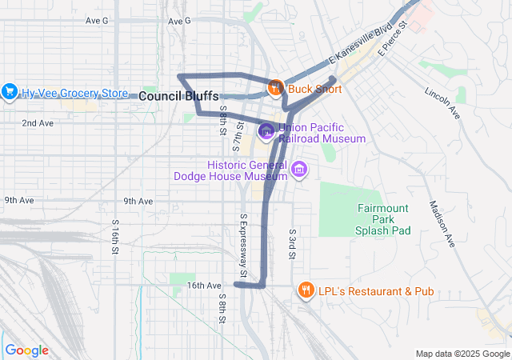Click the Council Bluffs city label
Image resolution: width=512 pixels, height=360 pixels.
[x=178, y=96]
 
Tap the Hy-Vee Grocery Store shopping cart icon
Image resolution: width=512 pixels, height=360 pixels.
[x=10, y=92]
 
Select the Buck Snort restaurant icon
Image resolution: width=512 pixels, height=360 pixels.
[x=274, y=88]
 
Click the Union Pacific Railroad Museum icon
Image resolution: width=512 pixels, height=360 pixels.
[x=266, y=130]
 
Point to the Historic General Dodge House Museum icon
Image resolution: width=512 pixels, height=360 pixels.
[x=299, y=169]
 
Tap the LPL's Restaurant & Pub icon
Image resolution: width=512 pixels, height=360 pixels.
[x=305, y=290]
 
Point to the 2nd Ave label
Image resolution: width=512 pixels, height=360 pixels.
[x=38, y=123]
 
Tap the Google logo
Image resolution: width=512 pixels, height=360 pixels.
[x=26, y=350]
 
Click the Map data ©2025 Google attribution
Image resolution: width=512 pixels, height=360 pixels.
[x=462, y=354]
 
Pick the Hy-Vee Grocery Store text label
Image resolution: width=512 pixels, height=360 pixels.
[x=75, y=93]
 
